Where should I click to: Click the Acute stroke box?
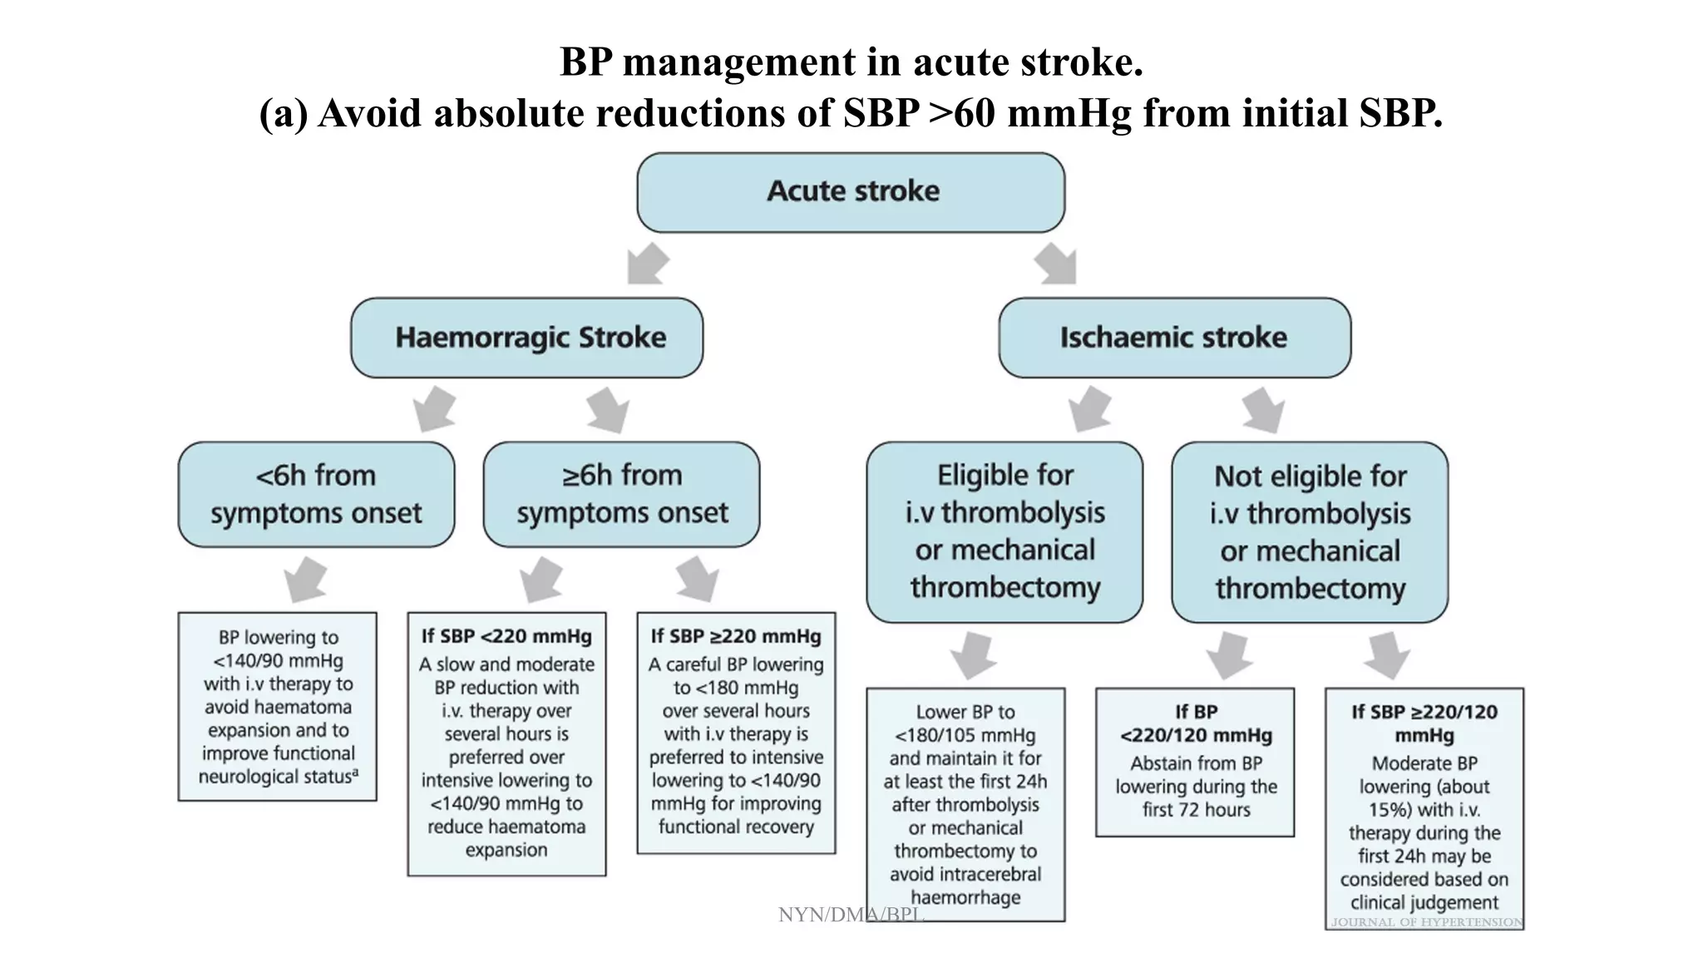851,192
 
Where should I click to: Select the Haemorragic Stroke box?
527,338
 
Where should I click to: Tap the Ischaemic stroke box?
1174,338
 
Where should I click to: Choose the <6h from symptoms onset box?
316,494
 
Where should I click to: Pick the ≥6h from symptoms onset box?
621,494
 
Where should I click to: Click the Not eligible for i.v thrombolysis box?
1310,532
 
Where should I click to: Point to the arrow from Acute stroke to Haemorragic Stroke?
647,264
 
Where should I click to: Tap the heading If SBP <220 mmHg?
506,637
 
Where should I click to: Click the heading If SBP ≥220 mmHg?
736,637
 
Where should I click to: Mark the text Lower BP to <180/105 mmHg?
965,723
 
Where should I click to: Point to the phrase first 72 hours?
1196,810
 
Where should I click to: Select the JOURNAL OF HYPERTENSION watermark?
1427,922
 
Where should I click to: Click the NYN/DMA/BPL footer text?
851,915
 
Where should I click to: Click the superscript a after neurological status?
356,773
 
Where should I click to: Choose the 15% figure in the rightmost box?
1390,810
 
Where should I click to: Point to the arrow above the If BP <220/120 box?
1228,655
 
